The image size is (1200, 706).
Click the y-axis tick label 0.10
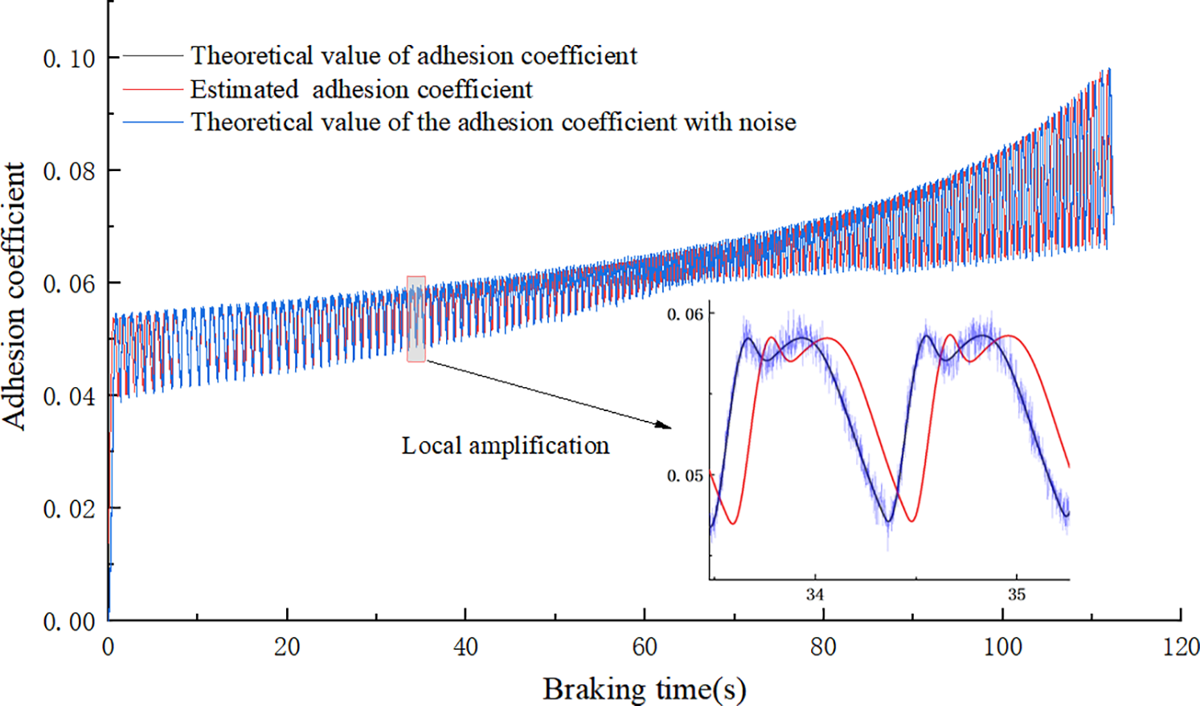(69, 59)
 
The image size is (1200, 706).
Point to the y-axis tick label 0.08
(69, 171)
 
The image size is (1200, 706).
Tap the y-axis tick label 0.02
(69, 509)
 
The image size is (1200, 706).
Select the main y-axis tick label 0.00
(69, 622)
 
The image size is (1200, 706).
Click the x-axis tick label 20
(287, 647)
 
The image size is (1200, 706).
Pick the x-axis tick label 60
(645, 647)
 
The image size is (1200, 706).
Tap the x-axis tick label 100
(1002, 647)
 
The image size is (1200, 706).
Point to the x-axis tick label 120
(1181, 647)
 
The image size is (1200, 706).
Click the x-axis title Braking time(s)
(645, 689)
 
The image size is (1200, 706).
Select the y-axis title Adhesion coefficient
(14, 296)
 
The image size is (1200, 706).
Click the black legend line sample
(153, 56)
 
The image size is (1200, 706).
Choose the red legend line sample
(153, 89)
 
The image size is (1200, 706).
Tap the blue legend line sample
(153, 122)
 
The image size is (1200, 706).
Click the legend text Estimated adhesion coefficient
(361, 89)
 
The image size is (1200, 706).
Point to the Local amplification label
(506, 446)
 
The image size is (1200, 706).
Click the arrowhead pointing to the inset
(664, 425)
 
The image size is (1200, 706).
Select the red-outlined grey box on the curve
(416, 319)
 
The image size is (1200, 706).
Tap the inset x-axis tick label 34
(815, 595)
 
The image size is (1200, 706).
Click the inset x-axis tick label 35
(1017, 595)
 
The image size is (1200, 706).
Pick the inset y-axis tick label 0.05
(685, 476)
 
